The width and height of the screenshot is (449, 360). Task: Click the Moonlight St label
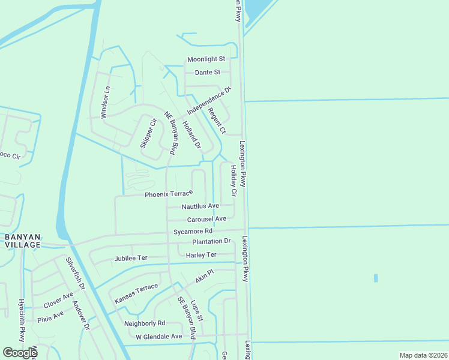pyautogui.click(x=206, y=59)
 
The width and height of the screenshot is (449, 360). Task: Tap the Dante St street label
pyautogui.click(x=208, y=73)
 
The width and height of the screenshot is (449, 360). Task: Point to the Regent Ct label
pyautogui.click(x=217, y=121)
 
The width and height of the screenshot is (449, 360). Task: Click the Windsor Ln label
pyautogui.click(x=106, y=103)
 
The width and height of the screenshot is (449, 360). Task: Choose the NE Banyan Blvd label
pyautogui.click(x=172, y=134)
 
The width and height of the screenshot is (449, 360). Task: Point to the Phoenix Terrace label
pyautogui.click(x=169, y=194)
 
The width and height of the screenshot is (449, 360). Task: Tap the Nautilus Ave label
pyautogui.click(x=200, y=206)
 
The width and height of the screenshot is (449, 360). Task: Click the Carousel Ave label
pyautogui.click(x=206, y=219)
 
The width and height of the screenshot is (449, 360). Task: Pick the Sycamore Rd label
pyautogui.click(x=193, y=231)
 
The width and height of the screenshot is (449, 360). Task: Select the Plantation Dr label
pyautogui.click(x=211, y=241)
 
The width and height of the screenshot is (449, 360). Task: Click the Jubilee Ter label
pyautogui.click(x=130, y=259)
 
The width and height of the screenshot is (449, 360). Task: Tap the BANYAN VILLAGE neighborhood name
pyautogui.click(x=22, y=240)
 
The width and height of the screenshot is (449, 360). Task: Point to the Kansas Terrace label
pyautogui.click(x=136, y=292)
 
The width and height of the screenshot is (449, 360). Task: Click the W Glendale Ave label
pyautogui.click(x=158, y=337)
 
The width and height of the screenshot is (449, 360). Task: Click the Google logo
pyautogui.click(x=20, y=352)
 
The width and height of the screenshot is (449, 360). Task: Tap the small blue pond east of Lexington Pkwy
pyautogui.click(x=376, y=278)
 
